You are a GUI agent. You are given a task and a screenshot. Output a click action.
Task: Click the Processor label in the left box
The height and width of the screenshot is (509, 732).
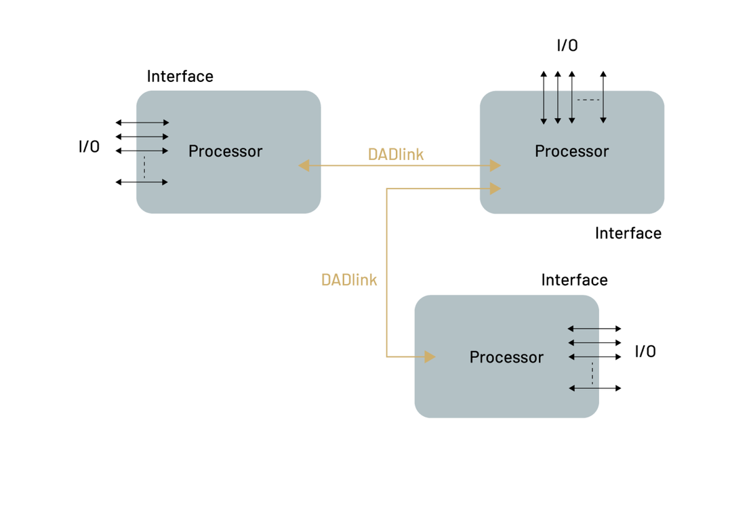point(226,151)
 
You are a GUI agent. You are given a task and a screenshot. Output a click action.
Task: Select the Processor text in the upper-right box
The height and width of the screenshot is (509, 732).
point(572,151)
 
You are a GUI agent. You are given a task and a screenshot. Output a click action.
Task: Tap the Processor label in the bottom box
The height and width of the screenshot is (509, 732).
point(506,357)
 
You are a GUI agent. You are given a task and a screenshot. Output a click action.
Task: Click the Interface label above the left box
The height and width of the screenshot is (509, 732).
point(180,76)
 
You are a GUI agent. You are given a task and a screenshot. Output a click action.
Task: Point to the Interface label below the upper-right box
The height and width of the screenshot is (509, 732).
point(628,233)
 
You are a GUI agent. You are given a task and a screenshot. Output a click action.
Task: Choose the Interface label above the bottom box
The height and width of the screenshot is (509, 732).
point(575,280)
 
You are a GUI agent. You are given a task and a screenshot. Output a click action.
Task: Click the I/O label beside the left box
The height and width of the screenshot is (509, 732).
point(89,146)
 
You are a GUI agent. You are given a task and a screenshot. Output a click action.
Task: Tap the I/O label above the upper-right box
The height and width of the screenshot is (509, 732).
point(567,45)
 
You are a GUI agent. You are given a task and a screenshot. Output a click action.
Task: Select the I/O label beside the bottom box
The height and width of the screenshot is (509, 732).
point(645,351)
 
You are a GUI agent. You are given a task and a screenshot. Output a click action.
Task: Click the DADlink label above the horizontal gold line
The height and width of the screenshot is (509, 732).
point(396,154)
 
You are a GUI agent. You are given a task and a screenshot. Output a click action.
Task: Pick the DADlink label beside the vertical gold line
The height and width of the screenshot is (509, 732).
point(349,280)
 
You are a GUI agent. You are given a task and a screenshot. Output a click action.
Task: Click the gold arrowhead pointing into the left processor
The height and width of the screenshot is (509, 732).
point(304,165)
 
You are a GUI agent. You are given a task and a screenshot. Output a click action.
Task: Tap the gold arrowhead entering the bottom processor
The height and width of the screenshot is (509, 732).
point(430,357)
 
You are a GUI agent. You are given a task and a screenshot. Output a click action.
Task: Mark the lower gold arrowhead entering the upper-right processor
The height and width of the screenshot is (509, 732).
point(495,188)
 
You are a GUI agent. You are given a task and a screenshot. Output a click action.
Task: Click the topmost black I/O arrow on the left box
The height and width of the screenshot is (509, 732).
point(142,123)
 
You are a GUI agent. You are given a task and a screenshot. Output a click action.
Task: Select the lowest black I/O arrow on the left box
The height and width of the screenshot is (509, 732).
point(142,182)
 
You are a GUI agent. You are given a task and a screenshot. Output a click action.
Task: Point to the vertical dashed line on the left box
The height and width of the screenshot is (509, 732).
point(145,167)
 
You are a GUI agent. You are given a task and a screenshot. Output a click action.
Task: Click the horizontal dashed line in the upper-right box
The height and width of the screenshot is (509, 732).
point(588,100)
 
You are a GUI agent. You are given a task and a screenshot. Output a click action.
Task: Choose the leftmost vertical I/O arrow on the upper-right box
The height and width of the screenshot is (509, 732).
point(544,98)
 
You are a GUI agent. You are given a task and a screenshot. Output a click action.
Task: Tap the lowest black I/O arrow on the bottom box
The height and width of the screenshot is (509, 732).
point(595,388)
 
